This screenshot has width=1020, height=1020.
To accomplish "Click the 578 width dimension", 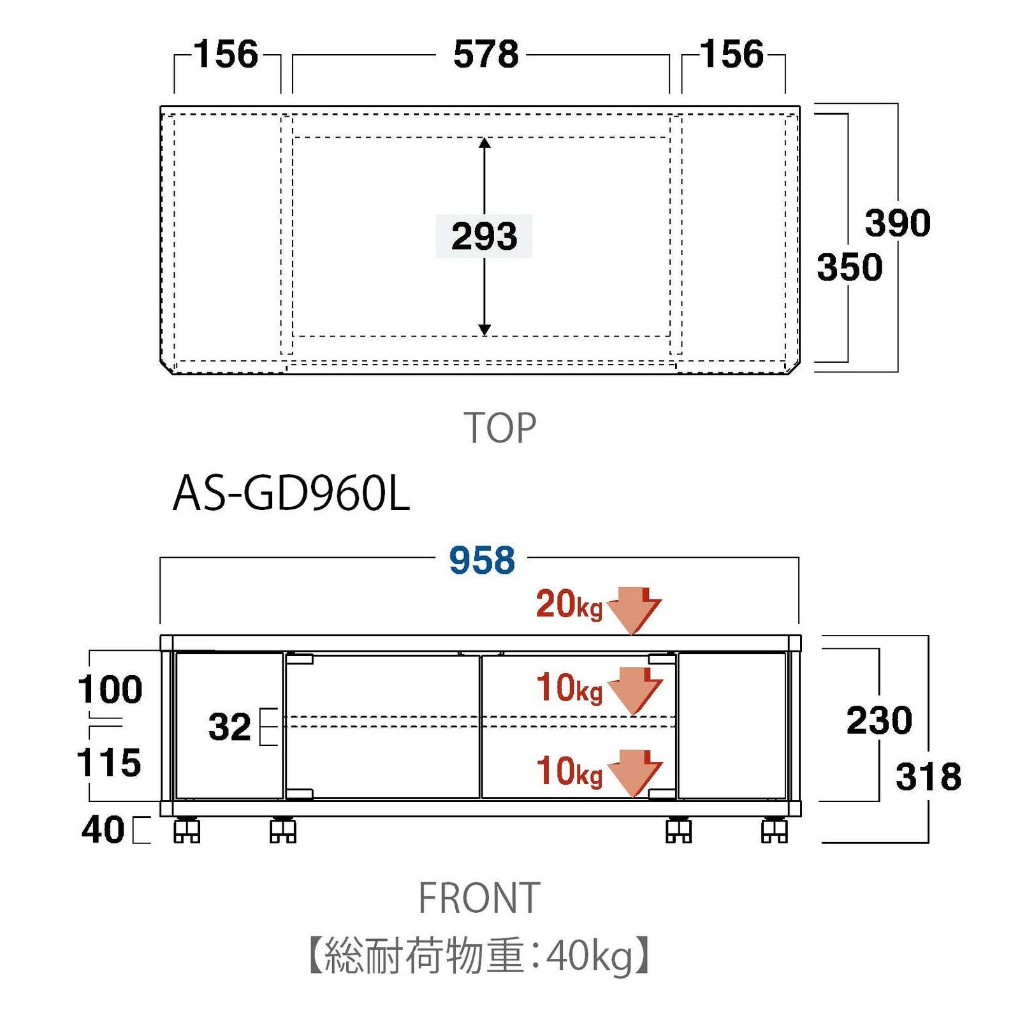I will coord(486,55).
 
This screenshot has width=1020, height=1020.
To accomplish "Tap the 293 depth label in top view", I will coord(484,237).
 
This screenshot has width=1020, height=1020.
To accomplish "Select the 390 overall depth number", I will coord(898,223).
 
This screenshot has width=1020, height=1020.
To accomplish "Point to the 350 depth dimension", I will coord(850,267).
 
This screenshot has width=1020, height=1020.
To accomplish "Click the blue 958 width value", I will coord(481,561).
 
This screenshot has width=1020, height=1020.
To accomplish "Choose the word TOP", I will coord(500,428).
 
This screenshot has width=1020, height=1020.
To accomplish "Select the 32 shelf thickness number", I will coord(229,727).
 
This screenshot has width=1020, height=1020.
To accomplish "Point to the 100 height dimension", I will coord(110,690).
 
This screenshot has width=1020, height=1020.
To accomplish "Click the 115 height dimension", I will coord(108,762).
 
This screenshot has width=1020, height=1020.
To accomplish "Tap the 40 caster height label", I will coord(103,830).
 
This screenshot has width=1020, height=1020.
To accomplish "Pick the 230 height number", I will coord(879,720).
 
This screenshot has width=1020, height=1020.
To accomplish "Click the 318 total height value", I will coord(928,776).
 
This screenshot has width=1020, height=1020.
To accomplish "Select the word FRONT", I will coord(479,898).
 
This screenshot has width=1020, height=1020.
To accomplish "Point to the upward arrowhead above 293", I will coord(484,143).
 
